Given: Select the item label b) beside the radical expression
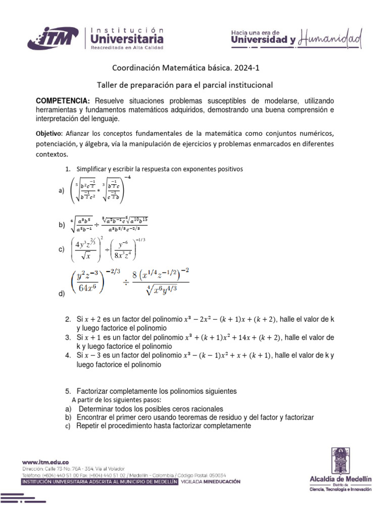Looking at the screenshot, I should pos(62,225).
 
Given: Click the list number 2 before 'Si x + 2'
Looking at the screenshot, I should pos(68,320).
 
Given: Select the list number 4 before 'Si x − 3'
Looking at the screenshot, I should pos(68,355).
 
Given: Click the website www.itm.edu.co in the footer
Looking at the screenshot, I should pos(45,462).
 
